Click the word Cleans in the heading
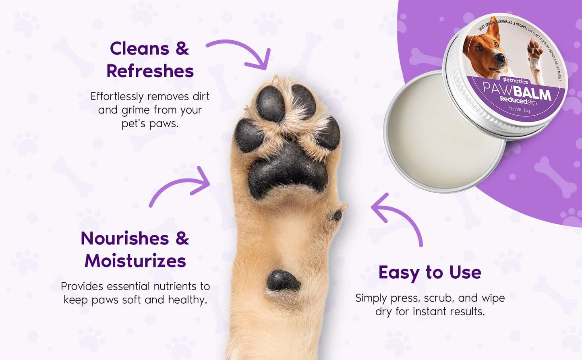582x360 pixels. (x=139, y=49)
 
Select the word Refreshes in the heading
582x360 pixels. (x=150, y=71)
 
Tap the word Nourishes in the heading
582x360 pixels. (x=124, y=238)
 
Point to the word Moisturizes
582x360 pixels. (x=135, y=261)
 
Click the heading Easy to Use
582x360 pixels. (x=430, y=273)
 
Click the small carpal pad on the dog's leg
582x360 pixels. (x=283, y=281)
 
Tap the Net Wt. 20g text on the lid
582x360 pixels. (x=519, y=109)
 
